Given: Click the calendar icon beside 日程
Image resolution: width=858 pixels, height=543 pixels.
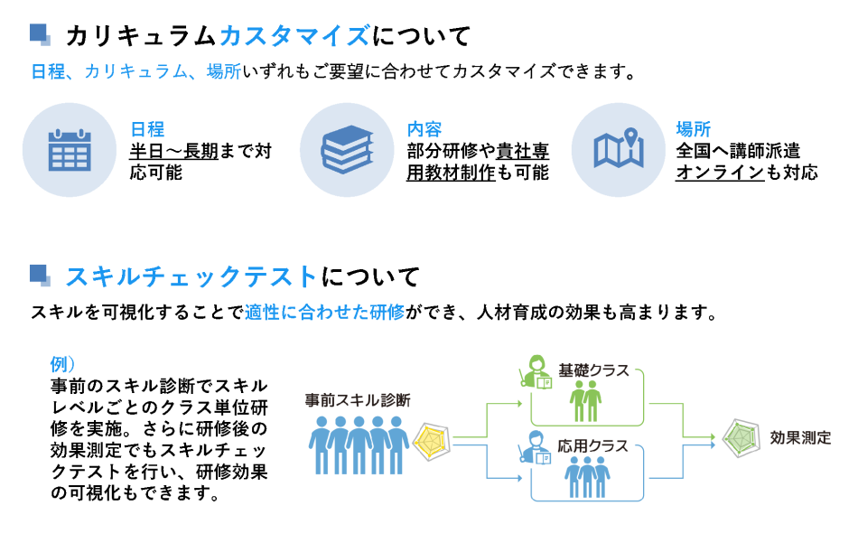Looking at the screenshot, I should [70, 151].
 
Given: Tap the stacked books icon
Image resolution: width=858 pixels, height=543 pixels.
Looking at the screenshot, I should [347, 151].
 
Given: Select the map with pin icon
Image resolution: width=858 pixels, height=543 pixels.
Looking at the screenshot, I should [619, 151].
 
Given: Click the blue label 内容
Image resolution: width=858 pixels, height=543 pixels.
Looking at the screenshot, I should [424, 129].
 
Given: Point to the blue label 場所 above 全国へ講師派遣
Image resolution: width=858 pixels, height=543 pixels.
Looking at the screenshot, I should [694, 129].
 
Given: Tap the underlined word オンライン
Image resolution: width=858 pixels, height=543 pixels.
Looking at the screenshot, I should [720, 173].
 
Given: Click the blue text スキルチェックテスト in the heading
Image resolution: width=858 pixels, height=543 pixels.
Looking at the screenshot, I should [192, 276].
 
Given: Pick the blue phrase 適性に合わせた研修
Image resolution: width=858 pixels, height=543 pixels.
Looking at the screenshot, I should [324, 314].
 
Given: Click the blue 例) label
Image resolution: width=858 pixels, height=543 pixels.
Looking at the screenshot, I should [63, 365].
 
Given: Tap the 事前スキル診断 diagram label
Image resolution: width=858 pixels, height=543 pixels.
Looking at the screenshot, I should [358, 398].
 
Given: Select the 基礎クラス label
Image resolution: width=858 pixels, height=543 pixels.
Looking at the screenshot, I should [593, 370].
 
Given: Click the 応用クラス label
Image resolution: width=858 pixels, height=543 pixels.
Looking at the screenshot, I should [593, 446].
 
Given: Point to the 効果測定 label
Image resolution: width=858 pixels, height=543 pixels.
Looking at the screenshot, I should [800, 437].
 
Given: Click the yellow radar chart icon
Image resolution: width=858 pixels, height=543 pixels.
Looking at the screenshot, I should [431, 439].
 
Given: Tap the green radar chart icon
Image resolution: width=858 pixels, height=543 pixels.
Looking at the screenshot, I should [741, 437].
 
